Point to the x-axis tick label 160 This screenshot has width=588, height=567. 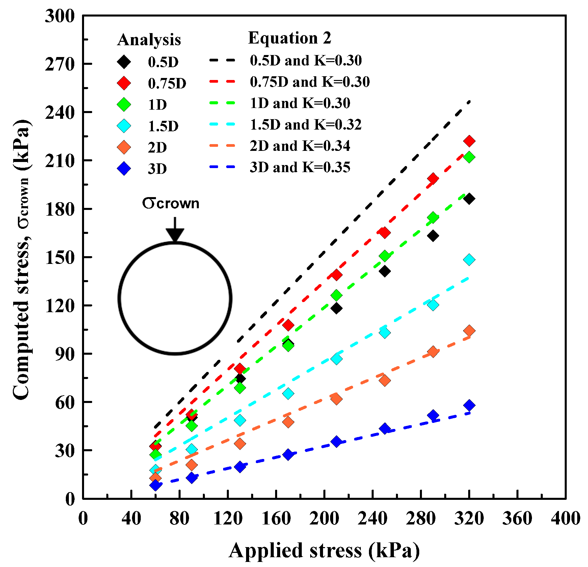(276, 518)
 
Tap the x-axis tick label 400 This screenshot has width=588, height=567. (565, 518)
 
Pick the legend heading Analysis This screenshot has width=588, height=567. (149, 40)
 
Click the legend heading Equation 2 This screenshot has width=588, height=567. (290, 38)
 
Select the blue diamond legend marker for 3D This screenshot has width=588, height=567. (124, 168)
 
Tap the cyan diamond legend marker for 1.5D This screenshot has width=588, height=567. (124, 126)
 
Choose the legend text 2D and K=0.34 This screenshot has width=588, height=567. (300, 146)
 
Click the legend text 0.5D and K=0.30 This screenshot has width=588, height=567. (305, 60)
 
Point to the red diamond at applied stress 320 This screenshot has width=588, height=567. (469, 141)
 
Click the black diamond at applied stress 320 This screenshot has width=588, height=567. (469, 199)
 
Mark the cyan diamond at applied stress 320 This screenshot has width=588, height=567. (469, 260)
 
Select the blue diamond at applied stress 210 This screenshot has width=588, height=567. (336, 441)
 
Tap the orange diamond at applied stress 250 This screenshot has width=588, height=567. (384, 381)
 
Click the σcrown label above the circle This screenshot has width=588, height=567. (171, 204)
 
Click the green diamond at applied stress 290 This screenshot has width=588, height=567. (433, 218)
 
